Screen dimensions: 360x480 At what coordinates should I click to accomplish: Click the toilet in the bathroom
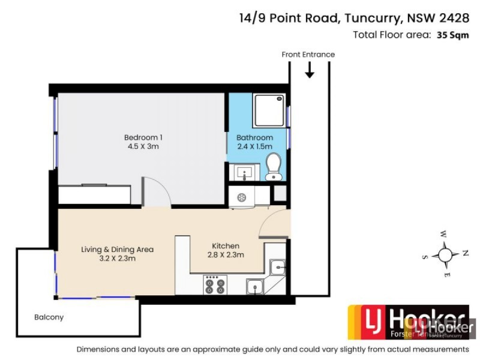pos(274,166)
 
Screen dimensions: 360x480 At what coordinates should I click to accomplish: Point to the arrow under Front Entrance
pos(310,70)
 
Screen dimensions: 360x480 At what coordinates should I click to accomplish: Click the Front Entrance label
pos(308,55)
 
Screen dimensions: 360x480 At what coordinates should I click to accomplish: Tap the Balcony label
pos(49,317)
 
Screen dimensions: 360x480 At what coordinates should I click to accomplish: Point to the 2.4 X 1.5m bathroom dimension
pos(254,146)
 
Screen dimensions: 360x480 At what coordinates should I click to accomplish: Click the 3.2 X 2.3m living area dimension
pos(118,259)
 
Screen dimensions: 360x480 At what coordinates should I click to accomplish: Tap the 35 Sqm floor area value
pos(452,35)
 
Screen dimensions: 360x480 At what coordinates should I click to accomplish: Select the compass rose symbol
pos(445,254)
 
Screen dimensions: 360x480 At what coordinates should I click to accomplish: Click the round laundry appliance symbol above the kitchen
pos(241,197)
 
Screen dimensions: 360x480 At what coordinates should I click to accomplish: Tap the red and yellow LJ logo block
pos(367,322)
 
